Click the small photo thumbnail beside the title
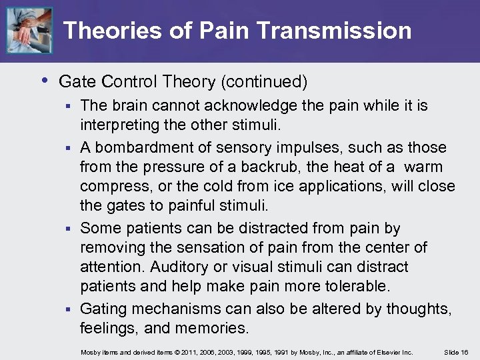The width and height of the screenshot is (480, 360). click(29, 30)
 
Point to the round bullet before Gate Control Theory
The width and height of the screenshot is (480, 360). click(43, 81)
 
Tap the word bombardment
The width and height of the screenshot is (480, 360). click(146, 147)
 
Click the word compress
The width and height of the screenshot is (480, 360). click(111, 187)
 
